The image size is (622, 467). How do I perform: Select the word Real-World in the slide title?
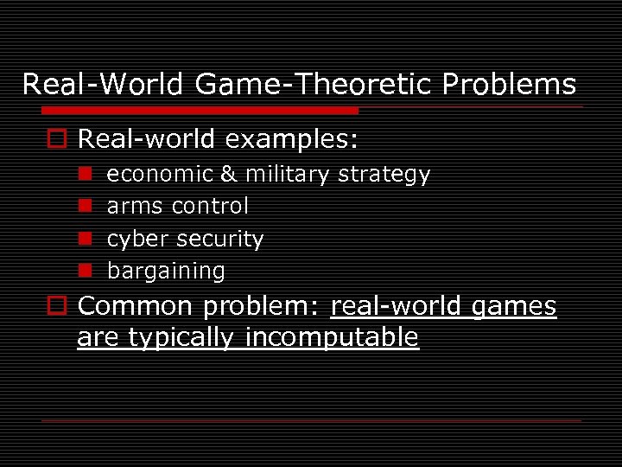[x=103, y=84]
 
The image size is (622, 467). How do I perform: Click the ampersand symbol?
[x=228, y=175]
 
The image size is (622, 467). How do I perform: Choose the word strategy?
[x=384, y=175]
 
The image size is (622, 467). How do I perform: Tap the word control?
[x=210, y=207]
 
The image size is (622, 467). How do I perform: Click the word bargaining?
[x=166, y=271]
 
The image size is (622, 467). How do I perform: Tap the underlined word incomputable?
[x=333, y=337]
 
